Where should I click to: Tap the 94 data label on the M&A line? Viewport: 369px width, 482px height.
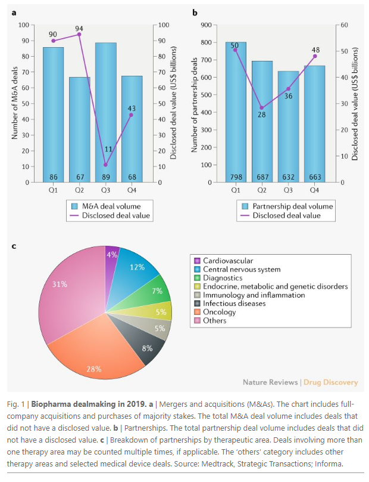pos(79,28)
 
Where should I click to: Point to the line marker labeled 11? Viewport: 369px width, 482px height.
pos(105,165)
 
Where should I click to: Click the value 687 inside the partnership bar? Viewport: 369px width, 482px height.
pos(262,177)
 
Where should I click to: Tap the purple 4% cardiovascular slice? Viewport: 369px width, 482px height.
pos(111,255)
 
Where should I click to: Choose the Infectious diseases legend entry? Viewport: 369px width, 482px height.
pos(227,303)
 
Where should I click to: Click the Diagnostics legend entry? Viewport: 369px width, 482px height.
pos(223,277)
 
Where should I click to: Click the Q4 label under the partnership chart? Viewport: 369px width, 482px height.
pos(314,191)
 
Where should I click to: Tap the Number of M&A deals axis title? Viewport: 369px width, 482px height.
pos(15,103)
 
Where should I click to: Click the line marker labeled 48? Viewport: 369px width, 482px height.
pos(314,56)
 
